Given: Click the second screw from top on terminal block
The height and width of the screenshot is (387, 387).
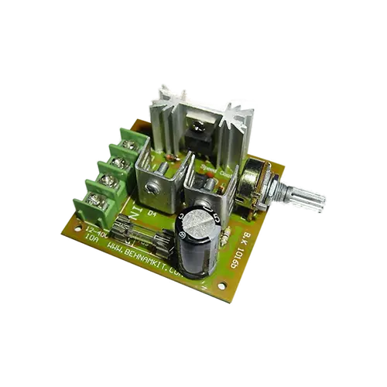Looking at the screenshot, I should pos(116,162).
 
